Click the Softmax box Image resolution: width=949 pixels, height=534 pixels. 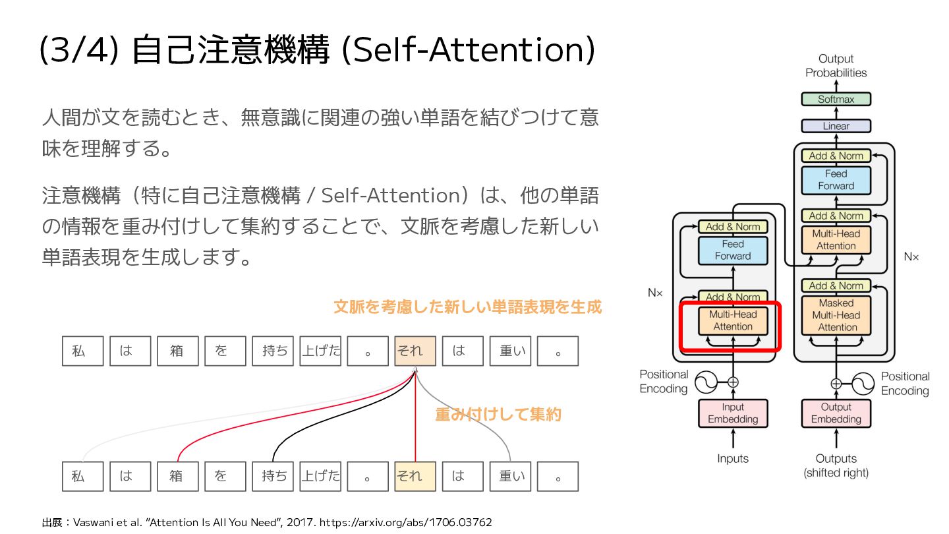836,100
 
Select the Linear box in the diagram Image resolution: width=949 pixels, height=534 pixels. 836,126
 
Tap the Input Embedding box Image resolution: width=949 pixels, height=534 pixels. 733,413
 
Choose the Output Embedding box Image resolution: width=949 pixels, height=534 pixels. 836,413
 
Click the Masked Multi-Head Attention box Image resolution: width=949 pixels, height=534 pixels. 836,315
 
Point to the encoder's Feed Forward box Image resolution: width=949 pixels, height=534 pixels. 733,250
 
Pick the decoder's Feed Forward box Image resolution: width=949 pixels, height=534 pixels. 836,180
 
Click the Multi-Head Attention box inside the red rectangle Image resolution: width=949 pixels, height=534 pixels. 733,320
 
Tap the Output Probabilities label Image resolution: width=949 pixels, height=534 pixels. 836,66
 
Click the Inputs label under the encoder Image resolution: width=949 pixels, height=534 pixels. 733,459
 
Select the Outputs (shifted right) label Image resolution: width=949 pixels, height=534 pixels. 836,465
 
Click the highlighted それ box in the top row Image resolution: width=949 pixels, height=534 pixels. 415,351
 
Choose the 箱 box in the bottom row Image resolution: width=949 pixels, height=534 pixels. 177,476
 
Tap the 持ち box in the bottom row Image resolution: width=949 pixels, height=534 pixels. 273,476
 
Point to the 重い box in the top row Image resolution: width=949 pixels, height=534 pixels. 510,351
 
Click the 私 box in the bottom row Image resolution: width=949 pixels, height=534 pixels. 82,476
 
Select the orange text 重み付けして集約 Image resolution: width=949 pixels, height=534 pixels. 498,415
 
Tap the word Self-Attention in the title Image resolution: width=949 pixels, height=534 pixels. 468,51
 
